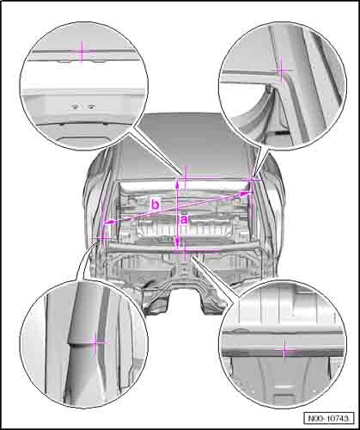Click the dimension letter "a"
184,220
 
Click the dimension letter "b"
155,205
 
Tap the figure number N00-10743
329,419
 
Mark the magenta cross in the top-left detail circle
82,52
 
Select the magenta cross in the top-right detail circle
282,70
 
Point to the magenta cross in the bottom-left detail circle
96,342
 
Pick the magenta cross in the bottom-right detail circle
284,349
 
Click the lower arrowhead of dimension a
178,243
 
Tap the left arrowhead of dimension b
107,222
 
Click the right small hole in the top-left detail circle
91,107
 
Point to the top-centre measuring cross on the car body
185,178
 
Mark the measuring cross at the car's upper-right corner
252,179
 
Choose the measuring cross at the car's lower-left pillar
102,238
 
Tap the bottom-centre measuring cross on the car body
185,250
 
